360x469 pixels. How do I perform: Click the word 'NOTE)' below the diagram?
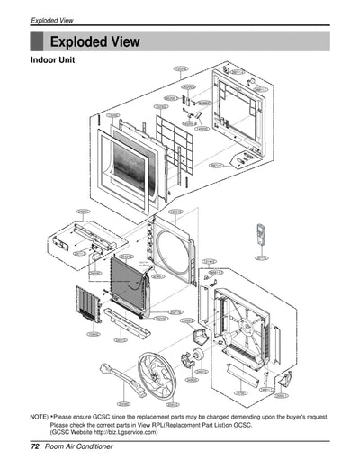coord(40,418)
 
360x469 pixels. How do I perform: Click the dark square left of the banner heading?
coord(37,41)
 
